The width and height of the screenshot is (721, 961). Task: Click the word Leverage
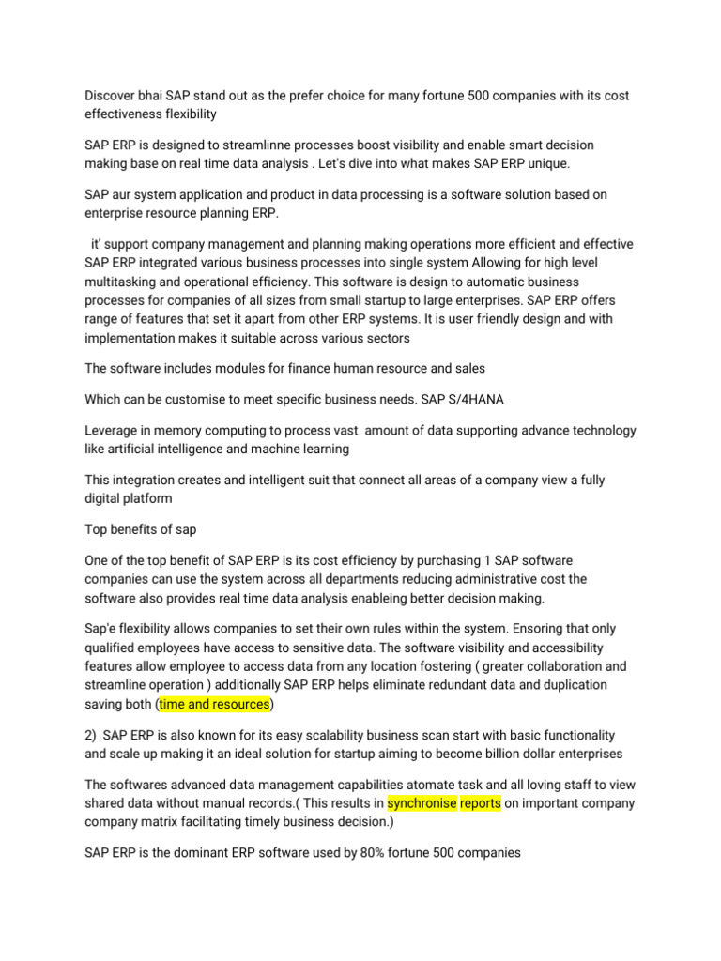[x=114, y=431]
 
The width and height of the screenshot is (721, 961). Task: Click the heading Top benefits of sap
[x=140, y=529]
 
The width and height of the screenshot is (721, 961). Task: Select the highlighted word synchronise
[x=422, y=802]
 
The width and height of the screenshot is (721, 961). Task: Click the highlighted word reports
[x=481, y=802]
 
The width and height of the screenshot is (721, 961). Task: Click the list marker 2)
[x=92, y=734]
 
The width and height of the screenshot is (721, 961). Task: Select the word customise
[x=202, y=399]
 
